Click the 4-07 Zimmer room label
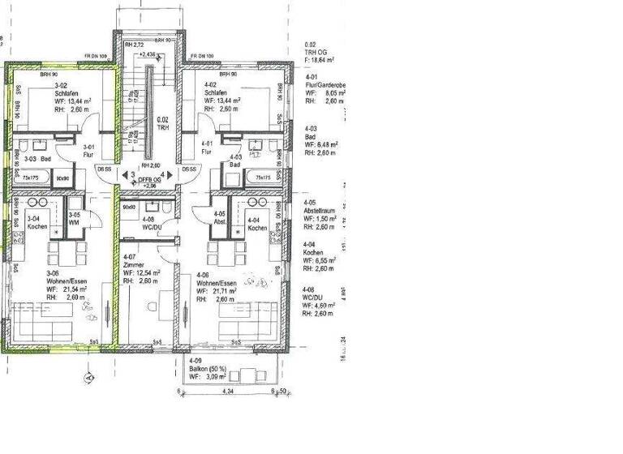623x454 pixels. click(x=134, y=265)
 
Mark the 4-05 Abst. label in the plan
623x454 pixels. click(x=218, y=219)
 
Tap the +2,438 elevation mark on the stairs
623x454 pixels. click(x=148, y=54)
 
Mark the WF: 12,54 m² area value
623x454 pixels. click(x=141, y=273)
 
